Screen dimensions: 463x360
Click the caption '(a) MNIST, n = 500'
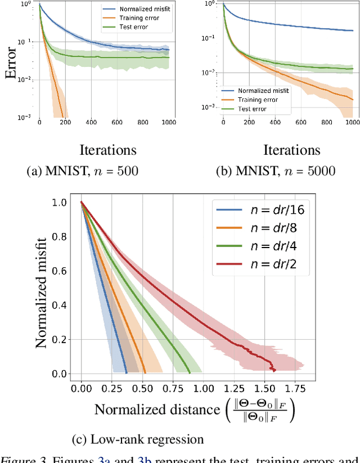point(83,171)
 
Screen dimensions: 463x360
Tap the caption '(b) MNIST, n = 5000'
point(276,171)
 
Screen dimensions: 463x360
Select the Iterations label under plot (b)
point(291,150)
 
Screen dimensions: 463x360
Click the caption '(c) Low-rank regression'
point(139,439)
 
